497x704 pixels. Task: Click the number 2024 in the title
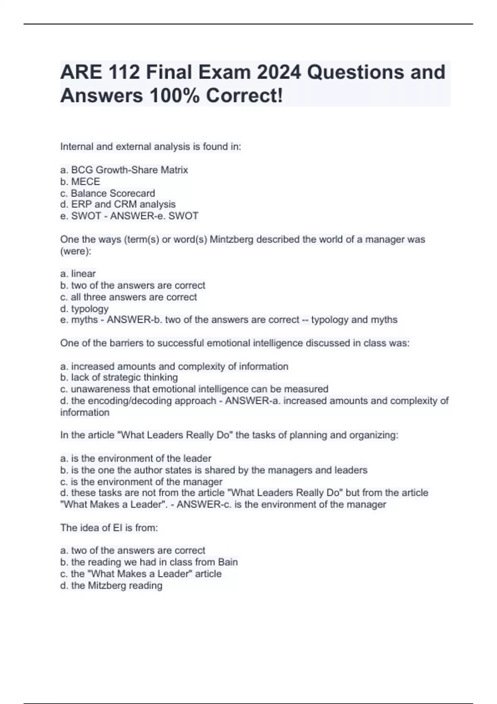(278, 72)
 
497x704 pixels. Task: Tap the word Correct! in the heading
(245, 96)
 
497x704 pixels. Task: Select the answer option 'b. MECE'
(80, 182)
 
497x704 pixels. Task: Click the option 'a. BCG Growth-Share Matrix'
(124, 170)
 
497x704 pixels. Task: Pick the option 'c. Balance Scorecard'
(108, 193)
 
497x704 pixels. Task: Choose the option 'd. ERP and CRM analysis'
(118, 205)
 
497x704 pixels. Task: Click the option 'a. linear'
(78, 274)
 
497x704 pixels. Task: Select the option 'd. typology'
(84, 309)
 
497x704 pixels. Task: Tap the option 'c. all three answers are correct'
(128, 297)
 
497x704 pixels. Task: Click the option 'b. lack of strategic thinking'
(119, 378)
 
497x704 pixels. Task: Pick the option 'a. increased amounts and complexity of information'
(174, 366)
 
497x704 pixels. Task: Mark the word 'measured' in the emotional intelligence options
(310, 389)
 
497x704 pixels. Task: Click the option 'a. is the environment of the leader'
(136, 458)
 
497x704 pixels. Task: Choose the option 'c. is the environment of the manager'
(141, 482)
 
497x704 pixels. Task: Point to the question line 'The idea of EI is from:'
(109, 528)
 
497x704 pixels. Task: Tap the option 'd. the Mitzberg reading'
(111, 586)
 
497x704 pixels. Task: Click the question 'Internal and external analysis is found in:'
(151, 147)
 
